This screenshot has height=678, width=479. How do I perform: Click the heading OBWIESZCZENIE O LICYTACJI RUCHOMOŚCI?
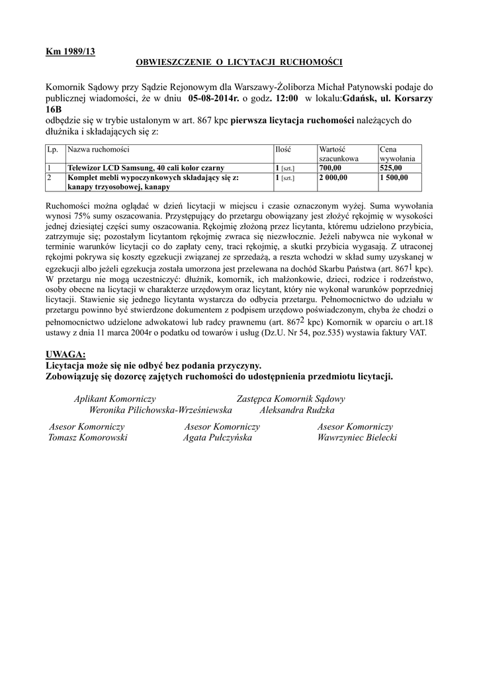(239, 62)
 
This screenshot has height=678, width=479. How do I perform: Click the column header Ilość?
(283, 150)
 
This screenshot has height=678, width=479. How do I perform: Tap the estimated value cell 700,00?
(330, 169)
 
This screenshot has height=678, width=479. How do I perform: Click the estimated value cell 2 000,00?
(333, 178)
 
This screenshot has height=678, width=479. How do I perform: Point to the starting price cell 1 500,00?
(394, 178)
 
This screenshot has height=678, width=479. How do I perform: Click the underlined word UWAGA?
(66, 354)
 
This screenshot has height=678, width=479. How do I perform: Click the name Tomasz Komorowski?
(88, 438)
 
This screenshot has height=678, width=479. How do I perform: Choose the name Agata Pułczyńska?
(217, 438)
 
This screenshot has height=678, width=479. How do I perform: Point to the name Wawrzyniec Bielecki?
(357, 438)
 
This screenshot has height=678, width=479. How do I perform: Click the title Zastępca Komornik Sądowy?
(290, 399)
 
